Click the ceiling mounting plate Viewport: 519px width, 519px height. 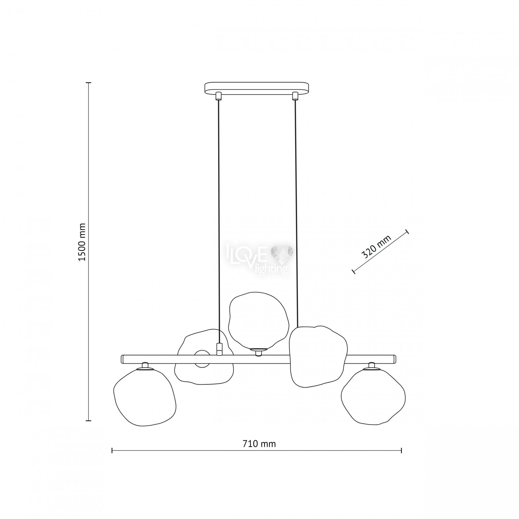pyautogui.click(x=256, y=88)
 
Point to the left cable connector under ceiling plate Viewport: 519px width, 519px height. pyautogui.click(x=218, y=96)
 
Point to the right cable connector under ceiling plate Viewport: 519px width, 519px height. pyautogui.click(x=295, y=96)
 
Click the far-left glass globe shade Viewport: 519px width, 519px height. pyautogui.click(x=145, y=398)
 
